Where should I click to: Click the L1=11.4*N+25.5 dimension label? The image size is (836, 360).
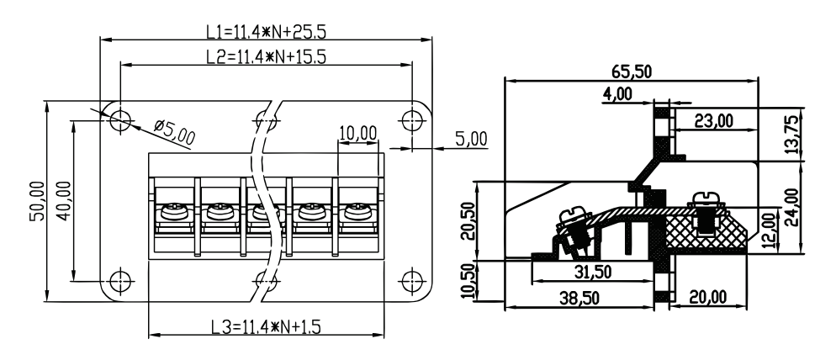(266, 31)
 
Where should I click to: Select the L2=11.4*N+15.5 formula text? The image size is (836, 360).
(266, 56)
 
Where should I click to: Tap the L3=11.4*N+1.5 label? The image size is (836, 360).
(266, 326)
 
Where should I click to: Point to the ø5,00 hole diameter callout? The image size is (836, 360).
(174, 132)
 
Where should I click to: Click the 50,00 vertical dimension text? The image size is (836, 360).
(37, 200)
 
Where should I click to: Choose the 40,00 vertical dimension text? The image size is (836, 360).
(63, 200)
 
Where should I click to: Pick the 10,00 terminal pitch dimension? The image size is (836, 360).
(357, 133)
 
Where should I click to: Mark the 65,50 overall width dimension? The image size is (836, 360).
(632, 71)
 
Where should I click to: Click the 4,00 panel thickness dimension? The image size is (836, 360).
(617, 94)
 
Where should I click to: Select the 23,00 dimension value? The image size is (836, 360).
(713, 120)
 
